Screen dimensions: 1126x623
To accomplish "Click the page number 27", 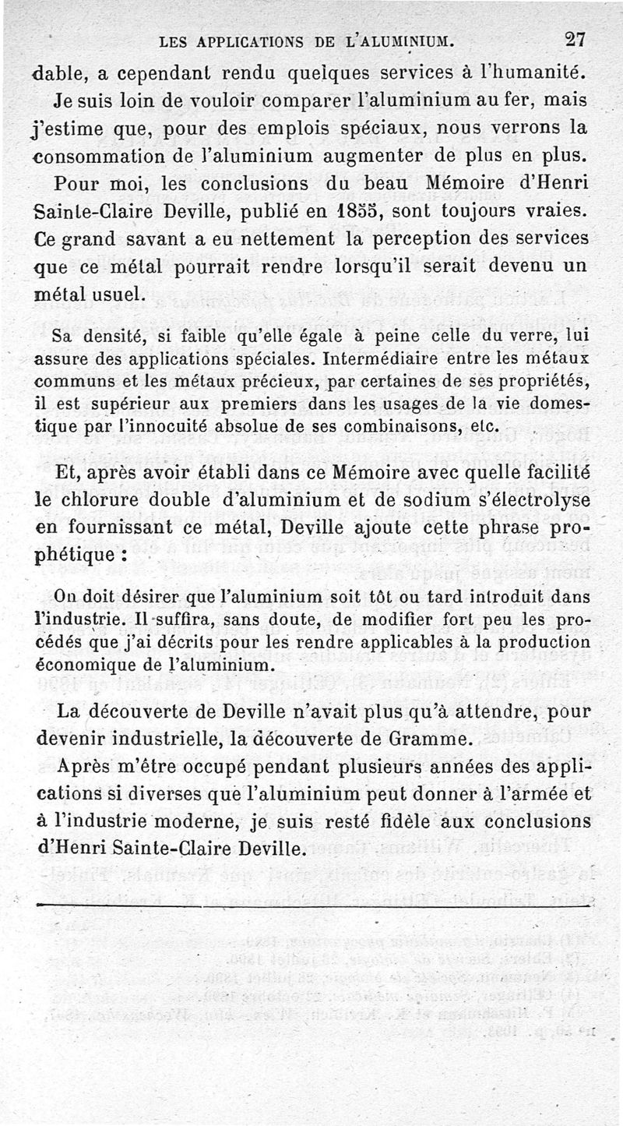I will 576,39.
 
